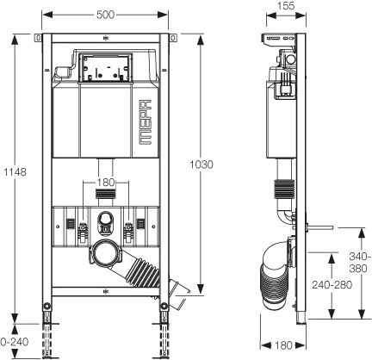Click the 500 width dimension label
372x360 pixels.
click(105, 15)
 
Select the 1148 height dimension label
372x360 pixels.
click(15, 171)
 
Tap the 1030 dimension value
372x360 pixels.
click(201, 164)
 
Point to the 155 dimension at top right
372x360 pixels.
click(286, 5)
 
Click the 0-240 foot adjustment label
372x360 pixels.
click(15, 342)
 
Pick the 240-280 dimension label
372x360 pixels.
click(332, 285)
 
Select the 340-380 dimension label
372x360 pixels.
click(358, 262)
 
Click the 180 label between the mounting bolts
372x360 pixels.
click(106, 182)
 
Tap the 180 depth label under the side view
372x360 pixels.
click(283, 345)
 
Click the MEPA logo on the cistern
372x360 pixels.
click(145, 121)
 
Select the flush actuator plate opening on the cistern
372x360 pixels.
click(105, 68)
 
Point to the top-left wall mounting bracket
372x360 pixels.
click(38, 38)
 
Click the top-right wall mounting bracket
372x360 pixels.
click(173, 38)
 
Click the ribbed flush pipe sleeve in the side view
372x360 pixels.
click(284, 189)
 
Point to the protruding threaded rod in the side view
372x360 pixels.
click(319, 228)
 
